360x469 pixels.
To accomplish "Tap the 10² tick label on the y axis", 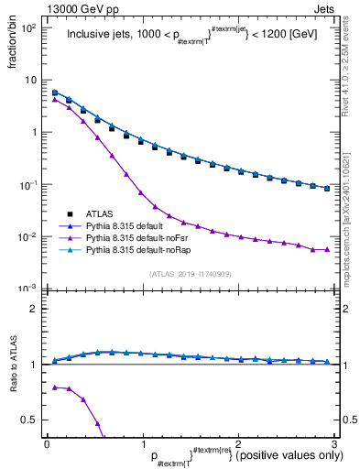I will (28, 27).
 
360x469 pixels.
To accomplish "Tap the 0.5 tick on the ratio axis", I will (29, 420).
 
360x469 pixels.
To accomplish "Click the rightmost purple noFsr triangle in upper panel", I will (326, 249).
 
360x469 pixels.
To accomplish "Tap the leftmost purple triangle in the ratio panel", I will (54, 387).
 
